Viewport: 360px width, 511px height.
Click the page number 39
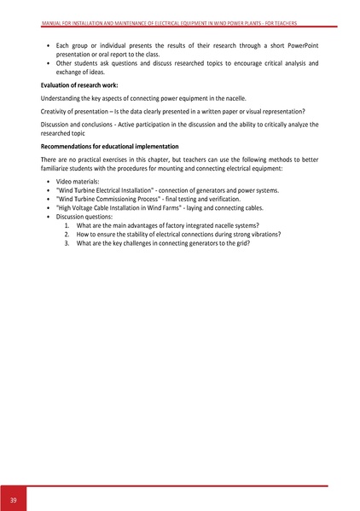14,498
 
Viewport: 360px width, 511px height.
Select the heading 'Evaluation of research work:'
77,86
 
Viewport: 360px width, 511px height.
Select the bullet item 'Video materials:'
77,183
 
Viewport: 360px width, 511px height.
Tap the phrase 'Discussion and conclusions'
83,125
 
